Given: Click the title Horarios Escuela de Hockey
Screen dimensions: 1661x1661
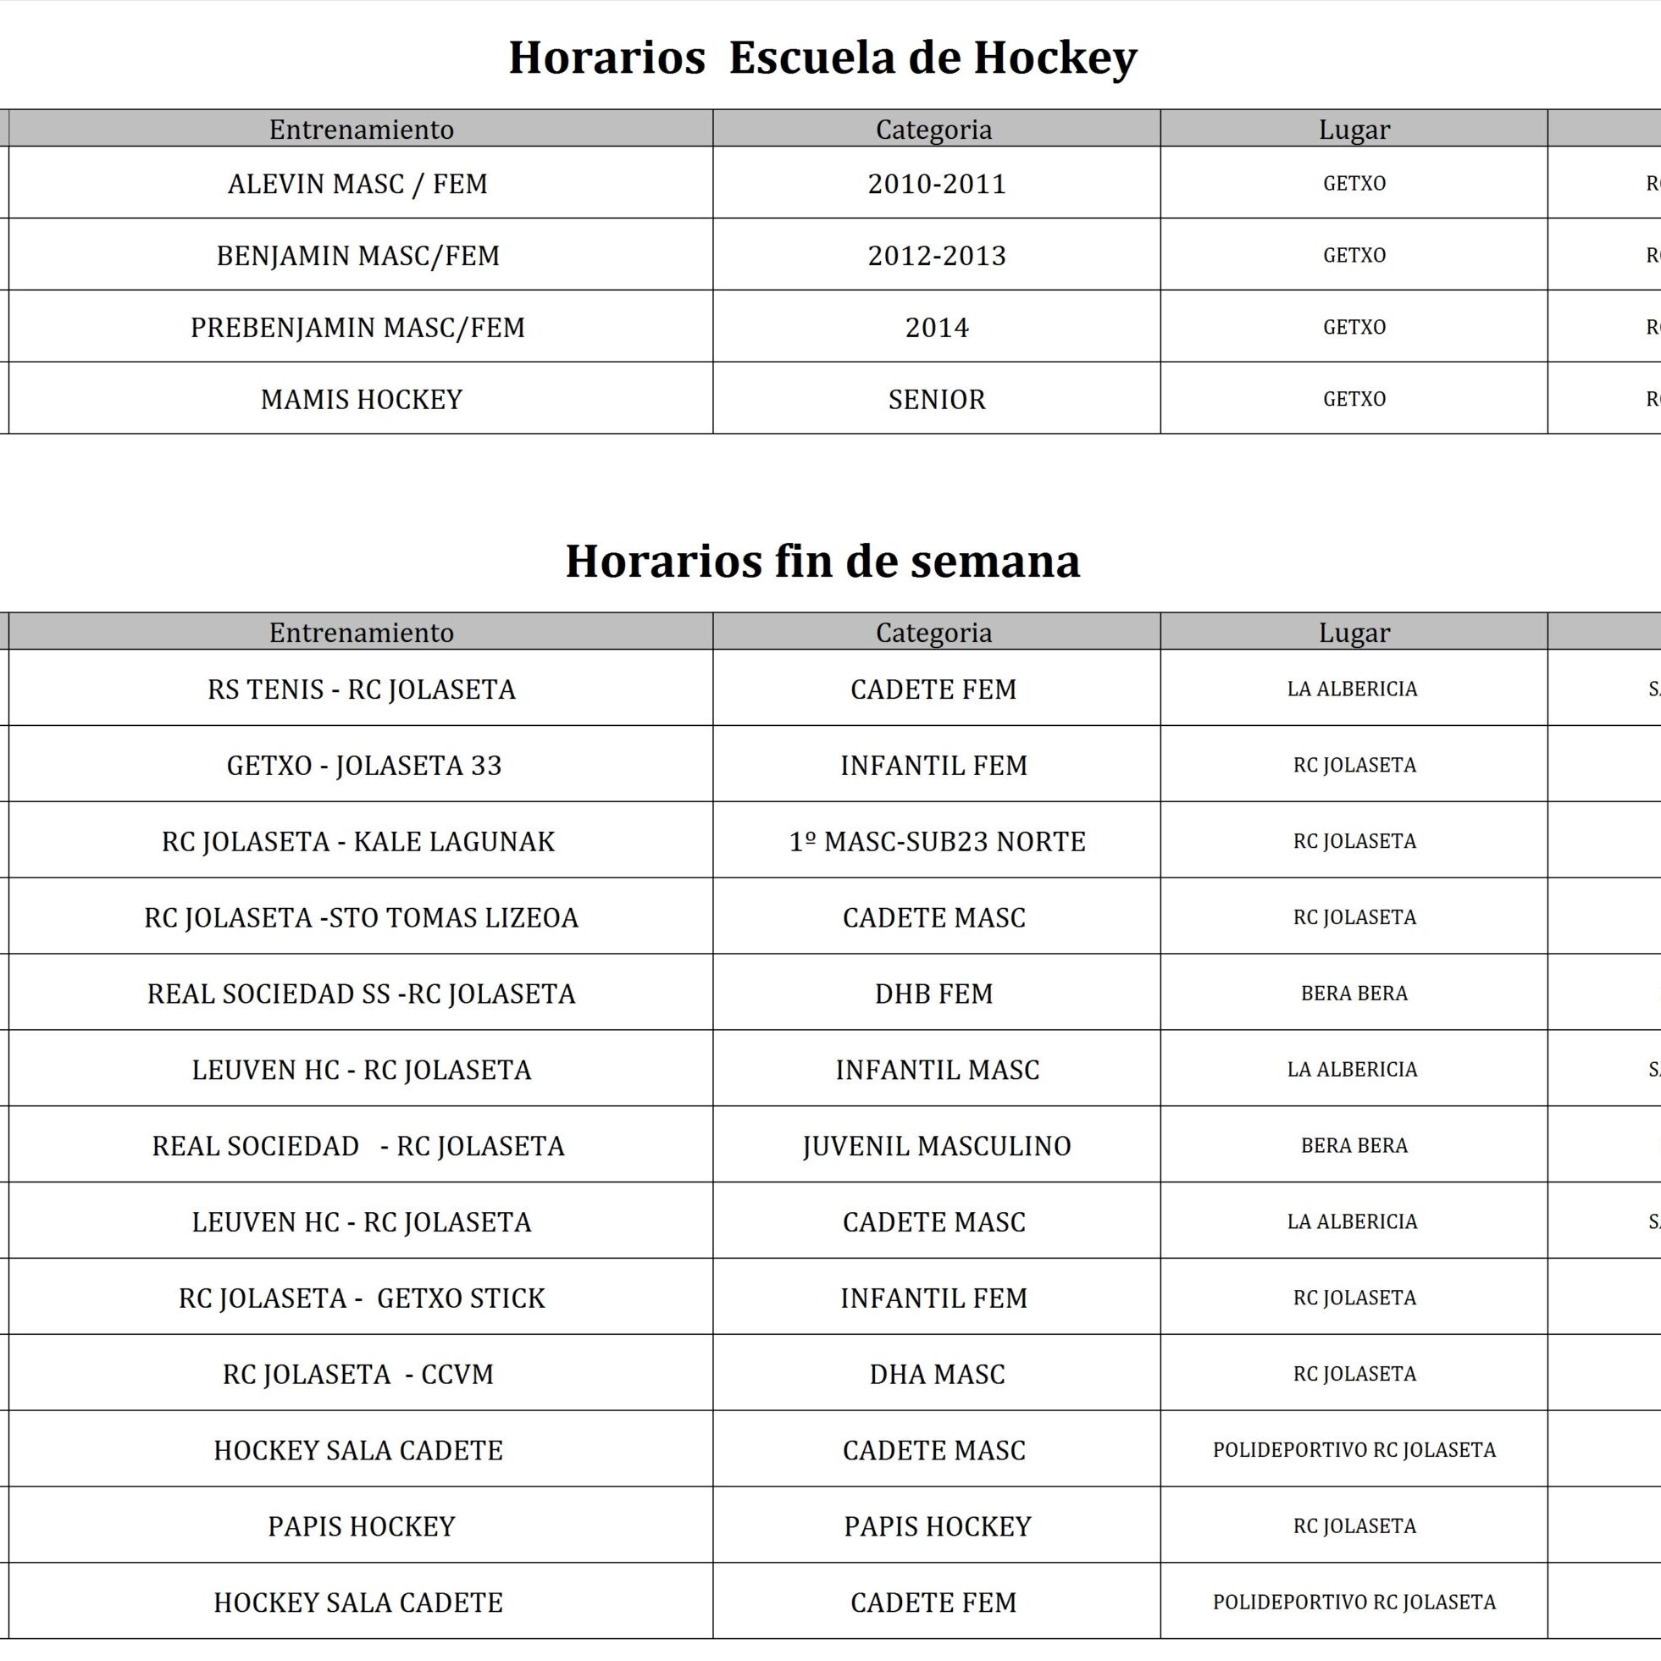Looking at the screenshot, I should (x=822, y=58).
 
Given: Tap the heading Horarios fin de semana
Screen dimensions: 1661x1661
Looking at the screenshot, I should (x=822, y=562).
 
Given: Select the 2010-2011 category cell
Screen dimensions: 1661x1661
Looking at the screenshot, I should (x=936, y=184).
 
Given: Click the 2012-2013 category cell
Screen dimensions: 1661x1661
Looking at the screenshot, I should (x=936, y=256).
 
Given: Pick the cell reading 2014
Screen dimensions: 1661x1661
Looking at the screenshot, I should (x=936, y=328).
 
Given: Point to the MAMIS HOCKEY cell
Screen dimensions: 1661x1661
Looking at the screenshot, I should (x=361, y=400).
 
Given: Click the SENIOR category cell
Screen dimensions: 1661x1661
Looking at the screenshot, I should (x=936, y=400).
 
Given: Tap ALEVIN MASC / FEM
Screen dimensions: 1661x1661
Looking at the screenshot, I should (x=357, y=184).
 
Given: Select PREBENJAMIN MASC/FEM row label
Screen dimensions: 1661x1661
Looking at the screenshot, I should (x=357, y=328).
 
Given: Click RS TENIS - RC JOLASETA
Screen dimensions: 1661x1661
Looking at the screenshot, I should (x=361, y=689).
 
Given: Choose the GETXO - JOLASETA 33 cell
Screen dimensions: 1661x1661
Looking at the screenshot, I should (x=363, y=765).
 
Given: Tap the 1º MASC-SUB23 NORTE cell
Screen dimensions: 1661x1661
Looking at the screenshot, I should (x=937, y=842).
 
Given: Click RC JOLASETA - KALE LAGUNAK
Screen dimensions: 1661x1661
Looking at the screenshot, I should (x=358, y=842).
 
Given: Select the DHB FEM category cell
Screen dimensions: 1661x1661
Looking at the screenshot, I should (x=933, y=994).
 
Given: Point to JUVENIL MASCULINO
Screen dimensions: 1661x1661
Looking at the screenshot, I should (x=936, y=1146).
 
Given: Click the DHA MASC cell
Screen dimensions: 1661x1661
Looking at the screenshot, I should (x=936, y=1374).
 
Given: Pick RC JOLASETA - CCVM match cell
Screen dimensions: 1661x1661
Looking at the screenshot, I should (x=358, y=1374).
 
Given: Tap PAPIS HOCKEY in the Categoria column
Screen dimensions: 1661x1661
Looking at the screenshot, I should (x=937, y=1526).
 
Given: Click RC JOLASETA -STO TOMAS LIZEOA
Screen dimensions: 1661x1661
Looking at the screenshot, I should (x=361, y=918).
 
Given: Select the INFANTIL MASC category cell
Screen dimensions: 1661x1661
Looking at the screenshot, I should (x=937, y=1071).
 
